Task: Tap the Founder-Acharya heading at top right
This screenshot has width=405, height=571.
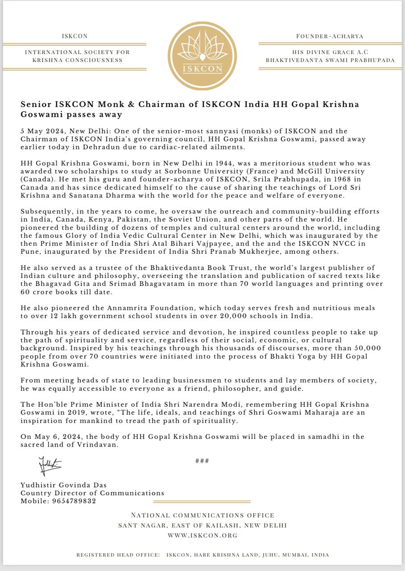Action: pos(330,36)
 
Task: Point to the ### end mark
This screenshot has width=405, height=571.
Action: pos(202,461)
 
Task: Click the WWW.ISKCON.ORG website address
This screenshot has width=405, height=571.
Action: pos(202,535)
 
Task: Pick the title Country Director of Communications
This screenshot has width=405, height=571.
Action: pos(92,493)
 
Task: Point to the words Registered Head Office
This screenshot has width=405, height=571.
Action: pos(118,555)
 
